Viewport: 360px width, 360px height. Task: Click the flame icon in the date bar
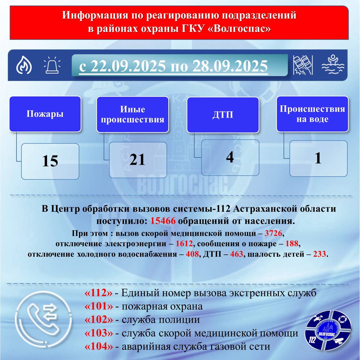[x=24, y=65]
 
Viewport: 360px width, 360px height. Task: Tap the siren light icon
[x=52, y=66]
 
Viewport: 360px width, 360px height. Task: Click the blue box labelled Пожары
[x=45, y=114]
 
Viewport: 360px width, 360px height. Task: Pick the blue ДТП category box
[x=223, y=115]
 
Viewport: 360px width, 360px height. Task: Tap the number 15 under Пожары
[x=50, y=161]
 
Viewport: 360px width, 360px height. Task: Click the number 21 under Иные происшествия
[x=137, y=160]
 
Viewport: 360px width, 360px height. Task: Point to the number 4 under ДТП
[x=230, y=157]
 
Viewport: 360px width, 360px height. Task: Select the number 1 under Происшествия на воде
[x=318, y=158]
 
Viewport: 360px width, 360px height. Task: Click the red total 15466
[x=163, y=221]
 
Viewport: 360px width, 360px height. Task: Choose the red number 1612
[x=184, y=244]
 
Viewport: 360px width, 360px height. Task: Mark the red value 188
[x=292, y=244]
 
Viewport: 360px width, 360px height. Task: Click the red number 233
[x=319, y=254]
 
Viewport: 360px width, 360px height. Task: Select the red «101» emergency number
[x=99, y=306]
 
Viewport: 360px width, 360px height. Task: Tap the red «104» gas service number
[x=99, y=346]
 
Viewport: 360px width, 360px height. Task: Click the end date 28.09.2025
[x=230, y=66]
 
